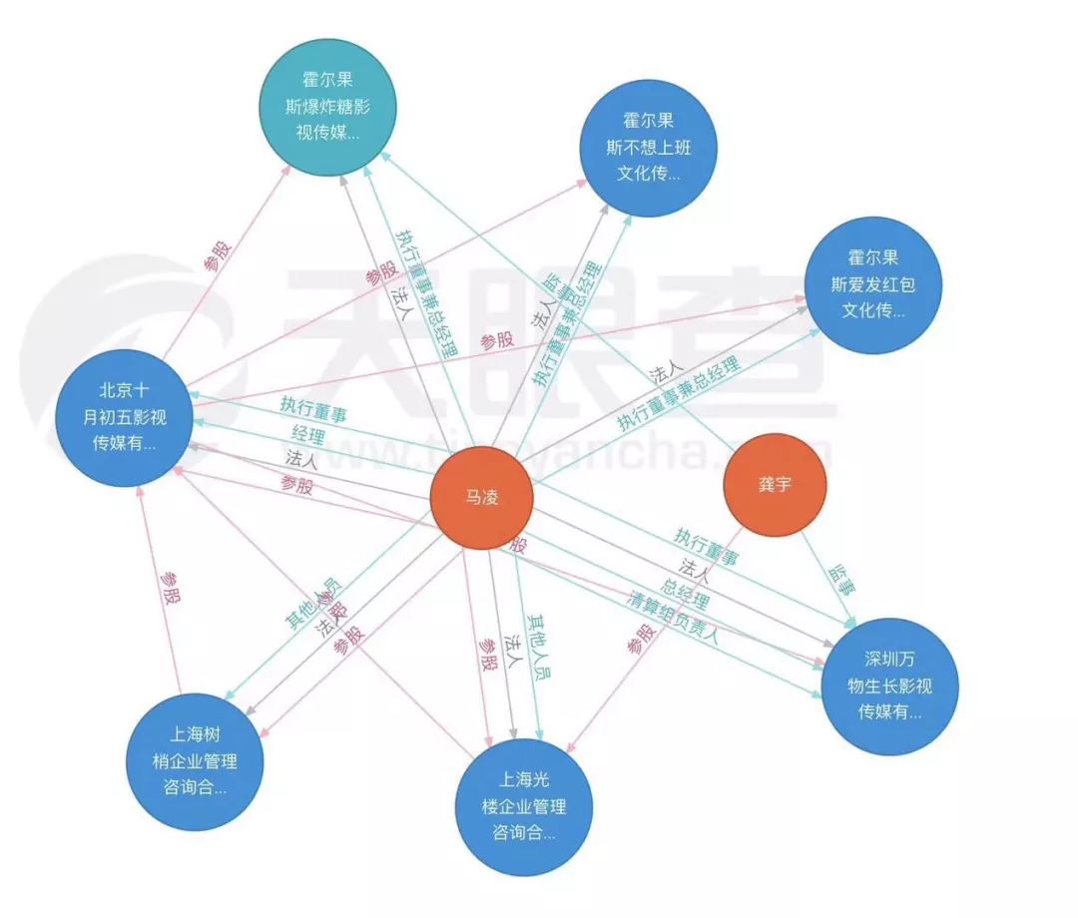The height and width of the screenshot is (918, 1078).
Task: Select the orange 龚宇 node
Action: [x=777, y=485]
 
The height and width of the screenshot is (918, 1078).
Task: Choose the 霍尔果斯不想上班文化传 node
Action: [x=648, y=147]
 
